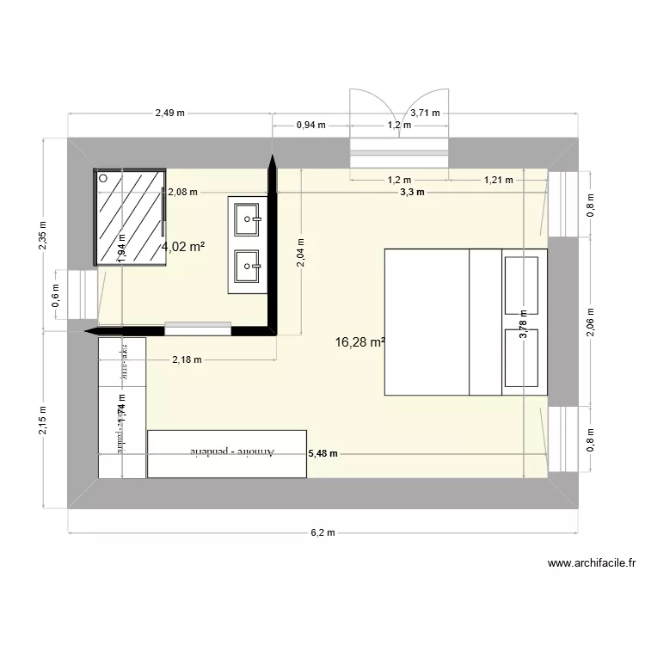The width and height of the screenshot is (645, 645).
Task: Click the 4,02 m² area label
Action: pyautogui.click(x=183, y=247)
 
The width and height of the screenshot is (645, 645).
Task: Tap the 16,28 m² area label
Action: pyautogui.click(x=359, y=342)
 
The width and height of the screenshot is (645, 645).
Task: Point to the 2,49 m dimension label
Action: pyautogui.click(x=170, y=113)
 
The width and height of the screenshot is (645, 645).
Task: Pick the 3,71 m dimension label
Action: pyautogui.click(x=424, y=113)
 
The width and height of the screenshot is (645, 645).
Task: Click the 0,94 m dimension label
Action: pyautogui.click(x=310, y=126)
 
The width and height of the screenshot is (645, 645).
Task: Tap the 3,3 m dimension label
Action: pyautogui.click(x=412, y=193)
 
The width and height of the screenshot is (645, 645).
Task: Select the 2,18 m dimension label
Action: pyautogui.click(x=187, y=360)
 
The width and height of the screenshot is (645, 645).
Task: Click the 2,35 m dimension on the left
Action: pyautogui.click(x=43, y=233)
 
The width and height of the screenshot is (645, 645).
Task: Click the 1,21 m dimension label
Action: pyautogui.click(x=498, y=181)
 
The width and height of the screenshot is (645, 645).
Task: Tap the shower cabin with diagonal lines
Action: pyautogui.click(x=130, y=216)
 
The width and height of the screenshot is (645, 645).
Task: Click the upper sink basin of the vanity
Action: pyautogui.click(x=249, y=219)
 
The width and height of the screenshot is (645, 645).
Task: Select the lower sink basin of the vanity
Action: pyautogui.click(x=249, y=267)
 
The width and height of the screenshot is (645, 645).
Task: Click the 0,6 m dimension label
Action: pyautogui.click(x=56, y=297)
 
